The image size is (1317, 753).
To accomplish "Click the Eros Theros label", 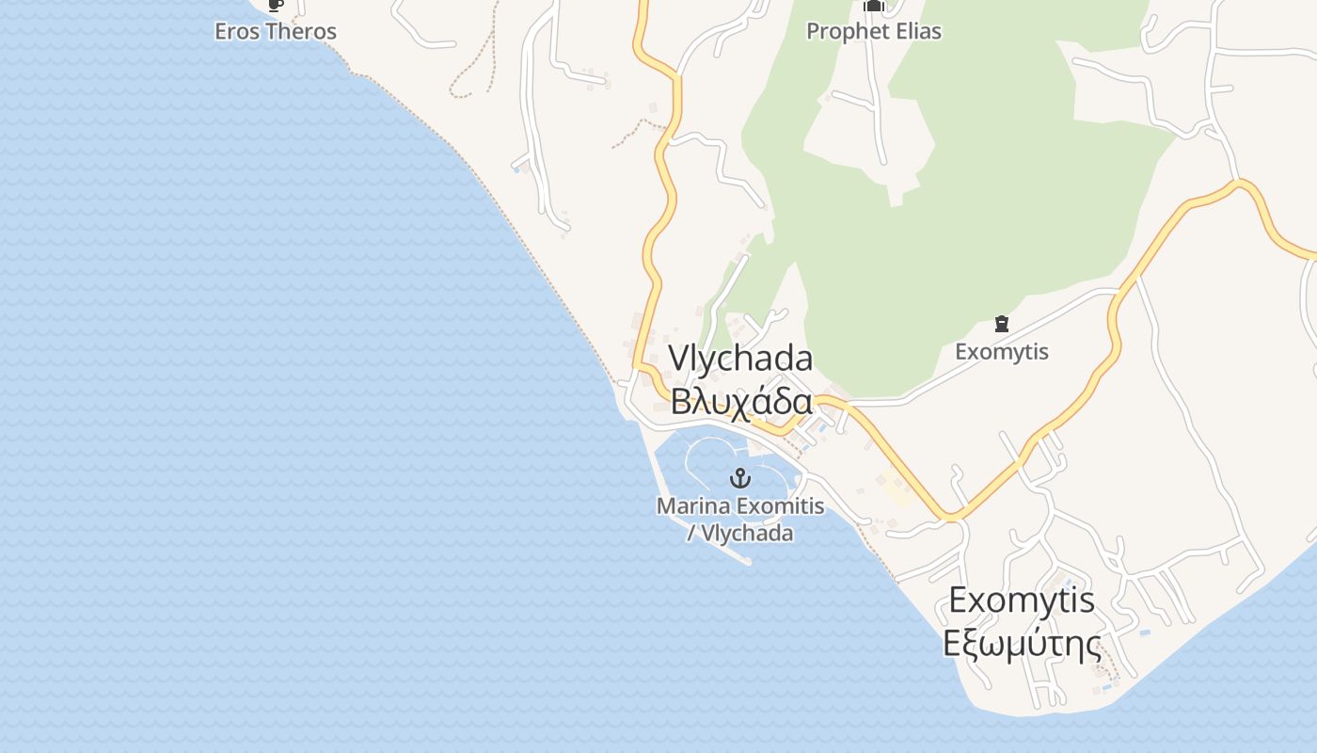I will pyautogui.click(x=276, y=31).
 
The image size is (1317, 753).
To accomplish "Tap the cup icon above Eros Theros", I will pyautogui.click(x=275, y=5).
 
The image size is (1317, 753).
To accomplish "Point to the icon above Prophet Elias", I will pyautogui.click(x=874, y=6).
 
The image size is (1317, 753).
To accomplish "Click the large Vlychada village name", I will pyautogui.click(x=740, y=360).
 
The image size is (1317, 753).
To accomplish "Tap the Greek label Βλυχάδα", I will pyautogui.click(x=740, y=402).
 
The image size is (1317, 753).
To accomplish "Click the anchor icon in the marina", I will pyautogui.click(x=740, y=477).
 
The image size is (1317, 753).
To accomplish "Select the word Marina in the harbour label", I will pyautogui.click(x=693, y=505).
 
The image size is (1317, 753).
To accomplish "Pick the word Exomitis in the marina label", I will pyautogui.click(x=780, y=505).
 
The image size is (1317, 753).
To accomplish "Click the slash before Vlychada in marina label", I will pyautogui.click(x=691, y=534).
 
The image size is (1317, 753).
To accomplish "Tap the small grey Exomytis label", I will pyautogui.click(x=1002, y=352).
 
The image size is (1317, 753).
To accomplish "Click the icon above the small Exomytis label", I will pyautogui.click(x=1002, y=325).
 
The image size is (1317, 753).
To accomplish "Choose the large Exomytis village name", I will pyautogui.click(x=1022, y=600).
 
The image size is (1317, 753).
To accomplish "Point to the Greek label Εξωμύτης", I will pyautogui.click(x=1022, y=645).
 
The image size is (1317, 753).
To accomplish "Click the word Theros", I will pyautogui.click(x=300, y=31).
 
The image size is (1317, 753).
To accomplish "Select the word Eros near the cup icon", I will pyautogui.click(x=236, y=31).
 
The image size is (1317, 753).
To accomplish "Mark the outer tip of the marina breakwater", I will pyautogui.click(x=748, y=562).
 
